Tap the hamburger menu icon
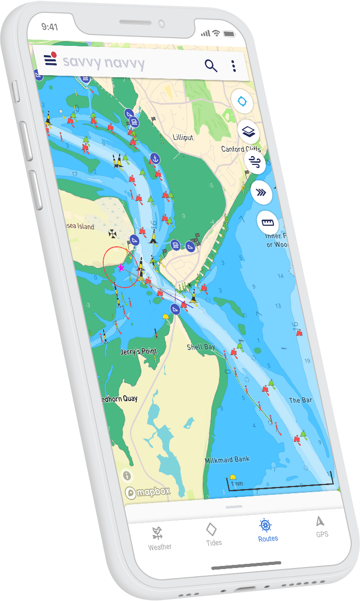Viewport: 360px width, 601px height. tap(50, 59)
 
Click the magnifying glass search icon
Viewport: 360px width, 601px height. tap(210, 65)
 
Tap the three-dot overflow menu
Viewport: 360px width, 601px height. tap(234, 66)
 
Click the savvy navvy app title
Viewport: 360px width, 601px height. tap(103, 62)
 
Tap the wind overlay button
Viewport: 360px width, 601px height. tap(255, 162)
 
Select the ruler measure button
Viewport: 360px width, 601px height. tap(268, 223)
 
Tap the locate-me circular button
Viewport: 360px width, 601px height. tap(242, 101)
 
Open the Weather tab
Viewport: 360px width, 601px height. tap(159, 538)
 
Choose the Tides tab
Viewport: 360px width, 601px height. tap(212, 534)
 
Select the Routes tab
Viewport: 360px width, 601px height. tap(267, 530)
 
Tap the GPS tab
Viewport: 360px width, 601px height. tap(321, 526)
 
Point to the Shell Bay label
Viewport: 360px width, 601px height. tap(201, 347)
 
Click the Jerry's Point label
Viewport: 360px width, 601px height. tap(138, 352)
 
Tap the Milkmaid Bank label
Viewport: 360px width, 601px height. tap(227, 459)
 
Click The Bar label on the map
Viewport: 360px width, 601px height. tap(300, 400)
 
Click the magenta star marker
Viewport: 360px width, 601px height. tap(121, 268)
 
